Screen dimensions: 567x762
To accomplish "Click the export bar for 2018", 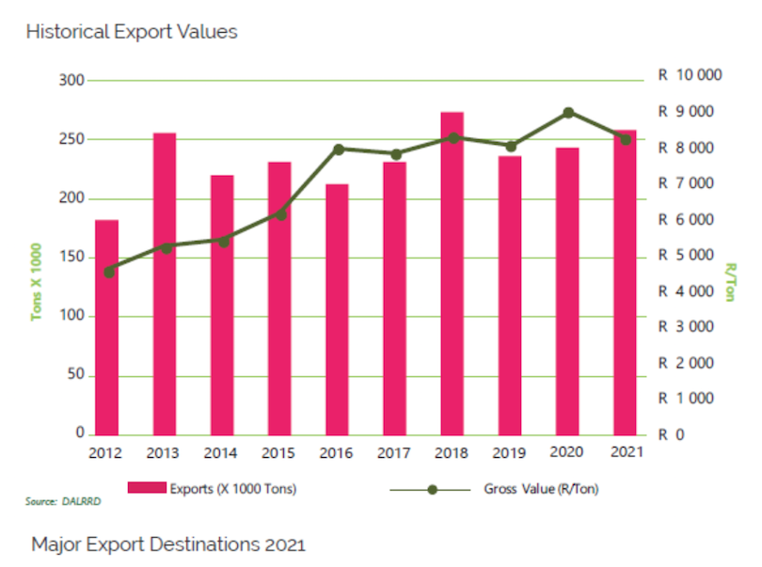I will [x=452, y=273].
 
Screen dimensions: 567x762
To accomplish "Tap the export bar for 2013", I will [x=165, y=282].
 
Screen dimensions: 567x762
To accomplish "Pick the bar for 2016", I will [x=338, y=309].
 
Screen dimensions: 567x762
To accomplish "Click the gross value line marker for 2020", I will [x=569, y=113].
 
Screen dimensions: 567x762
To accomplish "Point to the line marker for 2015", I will [x=280, y=214].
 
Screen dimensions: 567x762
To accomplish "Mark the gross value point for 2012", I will [x=108, y=272].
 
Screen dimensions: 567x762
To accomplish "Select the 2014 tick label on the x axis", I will [x=222, y=452].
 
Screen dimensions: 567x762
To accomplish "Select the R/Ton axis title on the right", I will [x=730, y=282].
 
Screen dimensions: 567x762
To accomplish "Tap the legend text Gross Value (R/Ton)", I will [x=541, y=489].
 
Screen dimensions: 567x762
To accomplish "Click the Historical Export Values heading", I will [x=132, y=32].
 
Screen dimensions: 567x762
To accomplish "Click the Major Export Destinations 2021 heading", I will [x=168, y=544].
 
